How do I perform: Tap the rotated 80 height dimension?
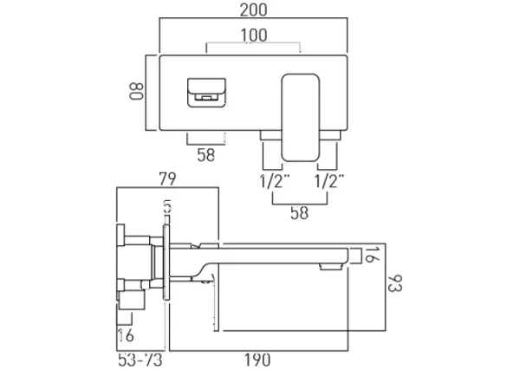point(135,91)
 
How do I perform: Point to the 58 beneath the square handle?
point(206,155)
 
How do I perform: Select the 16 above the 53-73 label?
point(125,335)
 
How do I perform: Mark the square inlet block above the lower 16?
point(133,302)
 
